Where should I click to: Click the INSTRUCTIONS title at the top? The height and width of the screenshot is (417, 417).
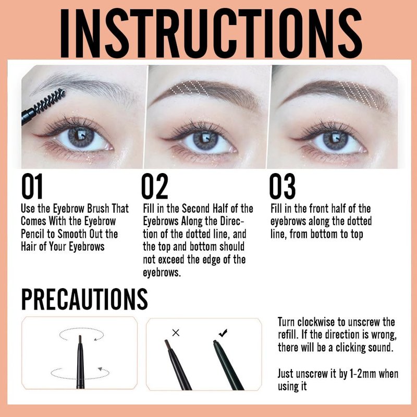click(x=211, y=33)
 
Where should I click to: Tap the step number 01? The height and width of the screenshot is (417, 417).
click(x=32, y=186)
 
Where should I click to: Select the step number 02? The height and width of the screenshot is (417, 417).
click(x=155, y=186)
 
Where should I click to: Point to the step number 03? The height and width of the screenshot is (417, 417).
click(x=282, y=186)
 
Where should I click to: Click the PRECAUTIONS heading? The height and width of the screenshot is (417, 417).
click(x=84, y=299)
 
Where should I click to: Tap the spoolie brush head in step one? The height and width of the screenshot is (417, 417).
click(x=50, y=101)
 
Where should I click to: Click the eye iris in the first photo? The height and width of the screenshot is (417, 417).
click(x=81, y=138)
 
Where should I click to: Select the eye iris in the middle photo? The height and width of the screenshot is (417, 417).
click(x=205, y=140)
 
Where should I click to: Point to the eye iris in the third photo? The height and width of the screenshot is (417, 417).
click(x=335, y=140)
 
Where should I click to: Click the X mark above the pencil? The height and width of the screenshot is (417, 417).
click(x=176, y=333)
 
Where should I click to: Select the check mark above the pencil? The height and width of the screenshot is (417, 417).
click(x=223, y=333)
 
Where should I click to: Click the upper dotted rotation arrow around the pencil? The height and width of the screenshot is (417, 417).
click(x=81, y=334)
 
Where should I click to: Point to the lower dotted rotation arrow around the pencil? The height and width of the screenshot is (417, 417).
click(x=80, y=373)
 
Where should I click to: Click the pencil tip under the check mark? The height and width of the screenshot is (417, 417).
click(x=215, y=342)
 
